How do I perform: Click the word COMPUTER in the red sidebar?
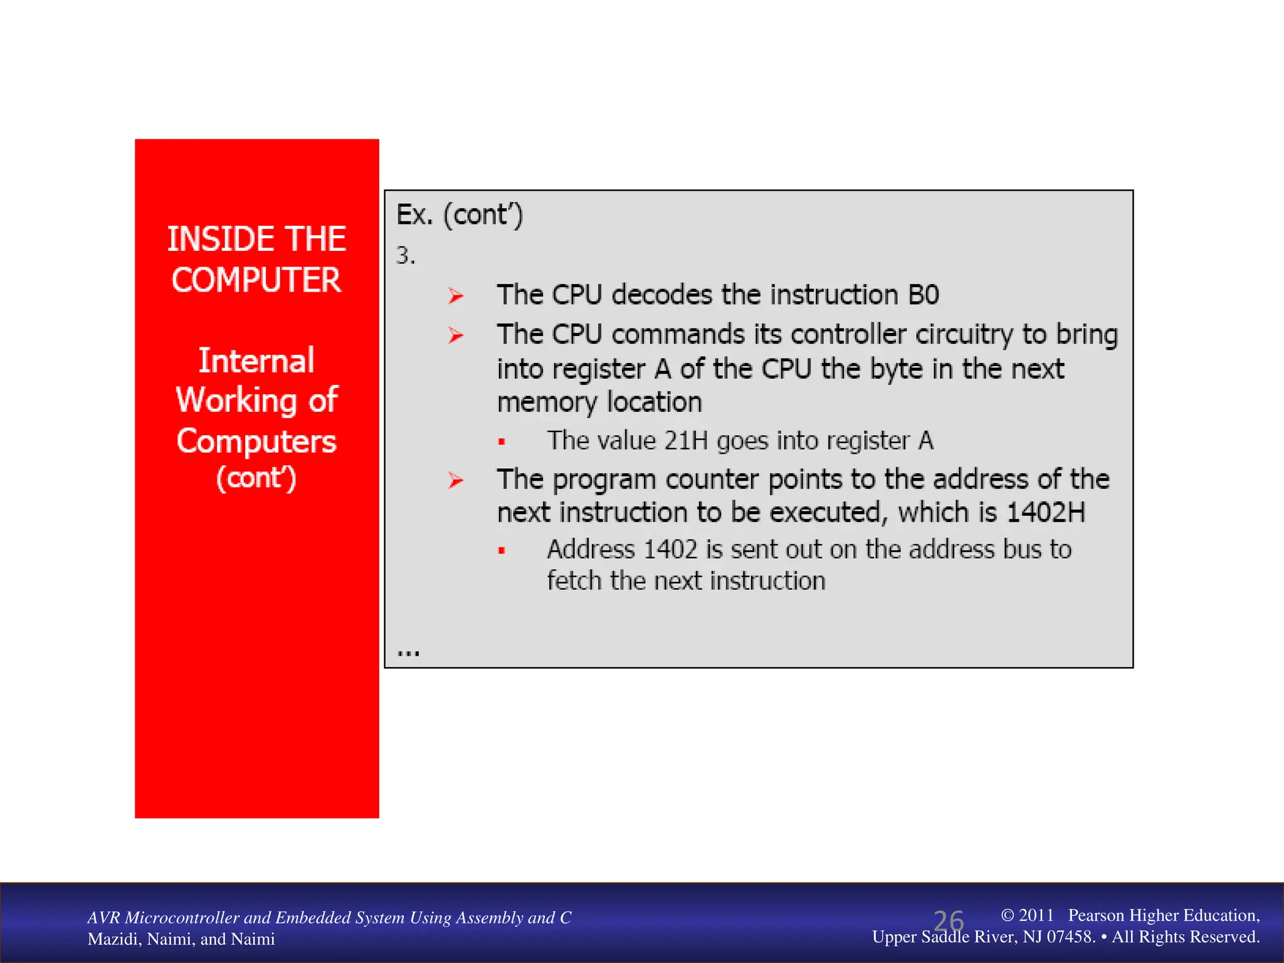[x=256, y=280]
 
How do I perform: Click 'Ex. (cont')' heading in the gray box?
[x=460, y=216]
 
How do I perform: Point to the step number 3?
[x=405, y=256]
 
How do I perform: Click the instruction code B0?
[x=923, y=295]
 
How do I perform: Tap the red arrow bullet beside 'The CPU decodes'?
[x=456, y=295]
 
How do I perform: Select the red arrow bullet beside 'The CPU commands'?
[x=456, y=335]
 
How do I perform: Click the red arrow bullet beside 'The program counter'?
[x=456, y=481]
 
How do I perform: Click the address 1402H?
[x=1045, y=513]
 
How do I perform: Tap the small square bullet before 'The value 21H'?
[x=502, y=442]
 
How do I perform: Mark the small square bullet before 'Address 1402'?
[x=502, y=551]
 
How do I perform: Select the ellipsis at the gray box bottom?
[x=408, y=653]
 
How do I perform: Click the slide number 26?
[x=948, y=921]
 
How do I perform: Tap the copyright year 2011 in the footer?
[x=1036, y=915]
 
